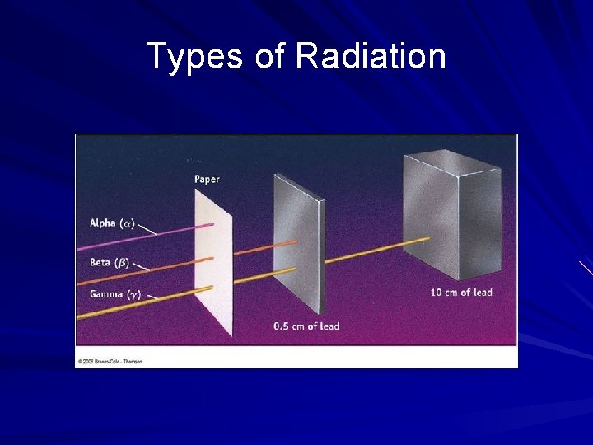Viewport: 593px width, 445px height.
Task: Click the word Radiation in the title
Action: point(370,57)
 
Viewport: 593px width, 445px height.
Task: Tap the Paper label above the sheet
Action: point(207,179)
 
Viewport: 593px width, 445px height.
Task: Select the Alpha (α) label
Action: point(111,222)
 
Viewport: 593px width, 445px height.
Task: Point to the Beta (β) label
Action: point(109,263)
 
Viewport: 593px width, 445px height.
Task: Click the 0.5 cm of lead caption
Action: point(306,326)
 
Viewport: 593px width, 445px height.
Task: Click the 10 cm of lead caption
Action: point(461,293)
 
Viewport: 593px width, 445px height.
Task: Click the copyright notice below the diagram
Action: point(110,361)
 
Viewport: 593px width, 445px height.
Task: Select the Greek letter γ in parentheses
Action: point(136,294)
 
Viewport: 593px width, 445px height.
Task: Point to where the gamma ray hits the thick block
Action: point(427,239)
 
